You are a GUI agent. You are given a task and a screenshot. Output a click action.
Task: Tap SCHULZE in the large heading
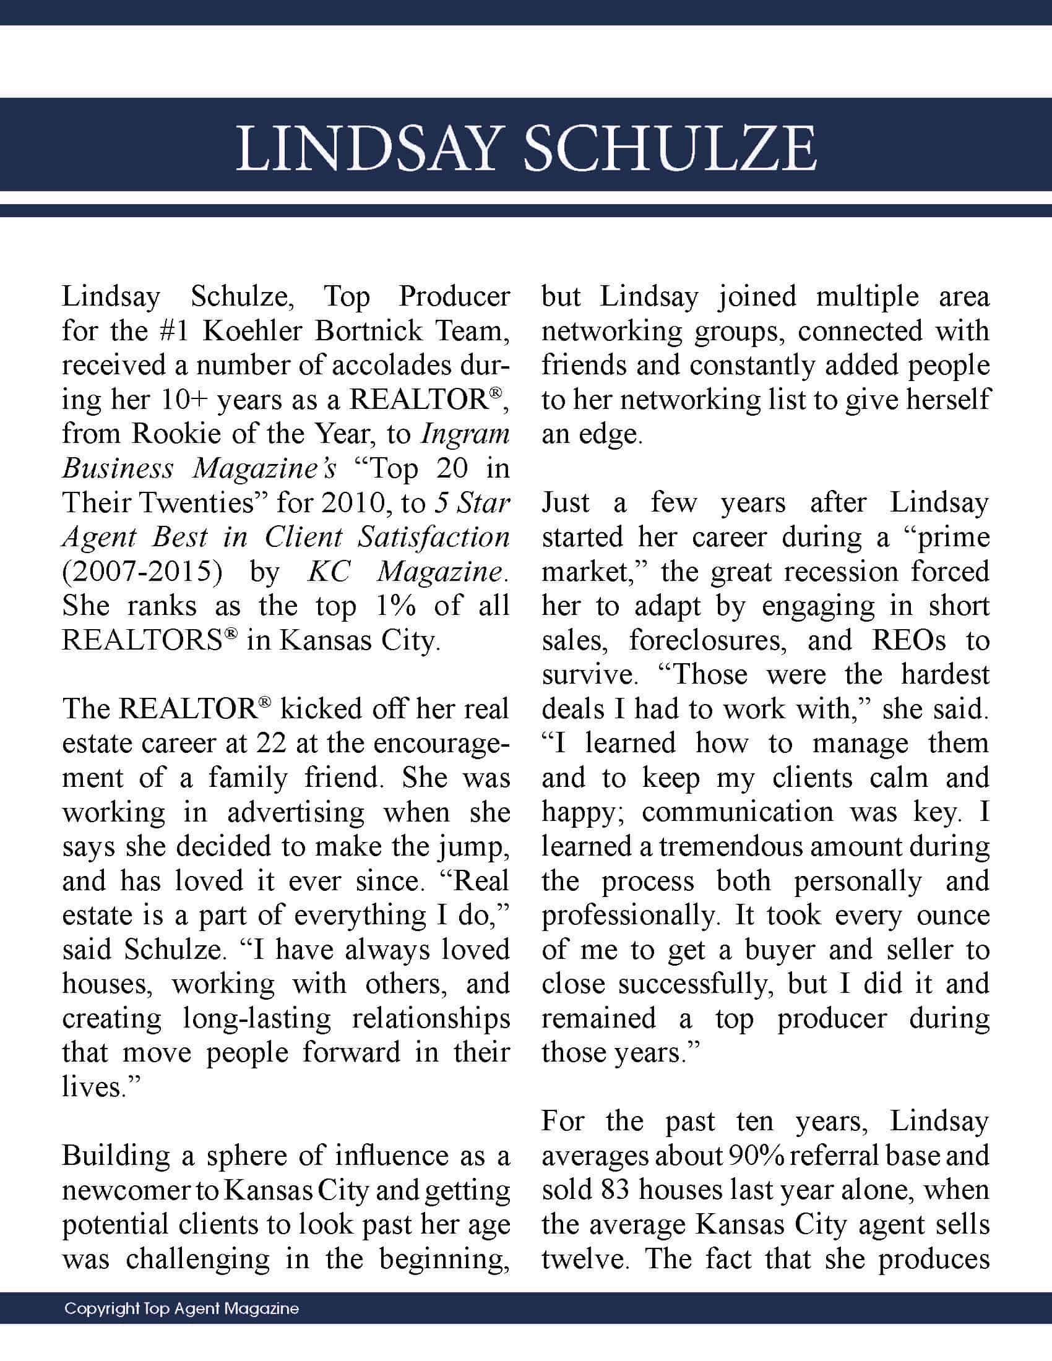[670, 150]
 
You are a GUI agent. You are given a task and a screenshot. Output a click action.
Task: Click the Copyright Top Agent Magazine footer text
[181, 1308]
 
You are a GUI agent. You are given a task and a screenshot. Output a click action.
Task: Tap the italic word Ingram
[465, 434]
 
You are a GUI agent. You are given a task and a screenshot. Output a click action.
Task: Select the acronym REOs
[909, 641]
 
